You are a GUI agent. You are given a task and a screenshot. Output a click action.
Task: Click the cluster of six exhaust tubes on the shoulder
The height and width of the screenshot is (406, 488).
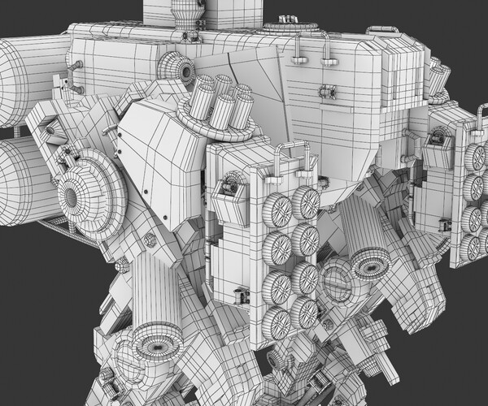pos(220,102)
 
